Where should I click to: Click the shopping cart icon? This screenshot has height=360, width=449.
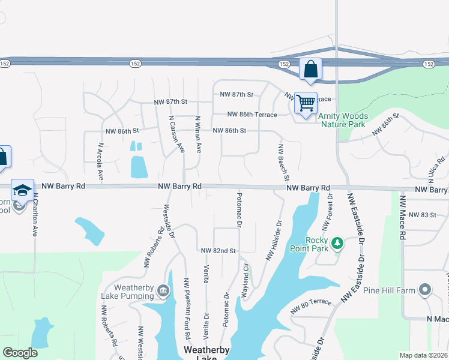click(306, 103)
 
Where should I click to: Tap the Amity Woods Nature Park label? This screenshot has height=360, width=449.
click(342, 120)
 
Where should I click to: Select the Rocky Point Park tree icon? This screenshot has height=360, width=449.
click(338, 242)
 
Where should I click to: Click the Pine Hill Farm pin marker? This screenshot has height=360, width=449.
click(426, 290)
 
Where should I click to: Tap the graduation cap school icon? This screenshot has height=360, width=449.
click(22, 190)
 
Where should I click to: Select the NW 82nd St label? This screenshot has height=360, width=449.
click(218, 250)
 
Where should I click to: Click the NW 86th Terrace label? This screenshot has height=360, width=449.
click(252, 115)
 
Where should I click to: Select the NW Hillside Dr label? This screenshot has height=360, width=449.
click(274, 241)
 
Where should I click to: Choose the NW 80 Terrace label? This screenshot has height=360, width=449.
click(310, 306)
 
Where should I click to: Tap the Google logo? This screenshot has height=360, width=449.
click(20, 353)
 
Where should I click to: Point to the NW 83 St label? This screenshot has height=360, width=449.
click(421, 215)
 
